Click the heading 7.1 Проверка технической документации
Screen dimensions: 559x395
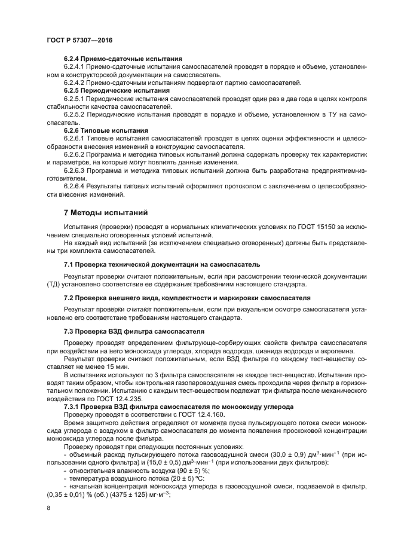(x=161, y=264)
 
